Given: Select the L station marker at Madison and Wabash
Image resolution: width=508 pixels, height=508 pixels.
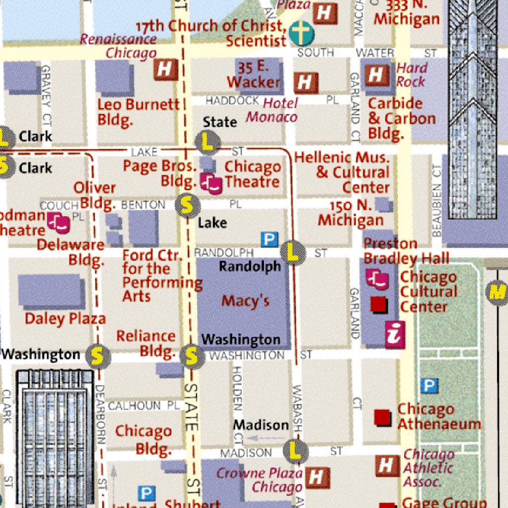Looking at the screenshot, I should pyautogui.click(x=296, y=451).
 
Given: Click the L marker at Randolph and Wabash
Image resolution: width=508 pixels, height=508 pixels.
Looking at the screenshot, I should pyautogui.click(x=293, y=253).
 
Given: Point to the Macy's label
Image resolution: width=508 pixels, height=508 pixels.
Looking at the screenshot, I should pyautogui.click(x=246, y=301).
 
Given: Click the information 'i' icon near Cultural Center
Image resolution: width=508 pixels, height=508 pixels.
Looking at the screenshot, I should pyautogui.click(x=395, y=334).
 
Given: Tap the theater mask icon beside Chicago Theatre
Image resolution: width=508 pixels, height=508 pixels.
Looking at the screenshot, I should pyautogui.click(x=212, y=184).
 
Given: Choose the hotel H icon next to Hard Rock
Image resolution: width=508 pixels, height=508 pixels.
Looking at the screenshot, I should pyautogui.click(x=377, y=75).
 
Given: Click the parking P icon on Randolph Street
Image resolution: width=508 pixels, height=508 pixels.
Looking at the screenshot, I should pyautogui.click(x=269, y=240).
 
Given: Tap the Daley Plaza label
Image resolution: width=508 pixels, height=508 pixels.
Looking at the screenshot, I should pyautogui.click(x=65, y=318).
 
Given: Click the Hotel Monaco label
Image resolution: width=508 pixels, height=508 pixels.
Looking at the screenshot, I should pyautogui.click(x=272, y=110).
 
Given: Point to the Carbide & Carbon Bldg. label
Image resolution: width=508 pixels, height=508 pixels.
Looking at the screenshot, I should pyautogui.click(x=401, y=119).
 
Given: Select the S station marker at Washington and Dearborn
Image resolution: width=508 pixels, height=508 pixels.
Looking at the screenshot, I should pyautogui.click(x=97, y=356).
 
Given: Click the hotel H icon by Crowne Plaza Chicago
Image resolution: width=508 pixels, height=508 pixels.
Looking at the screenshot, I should pyautogui.click(x=317, y=477).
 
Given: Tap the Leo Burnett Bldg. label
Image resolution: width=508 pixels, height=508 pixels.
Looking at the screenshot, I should pyautogui.click(x=138, y=112).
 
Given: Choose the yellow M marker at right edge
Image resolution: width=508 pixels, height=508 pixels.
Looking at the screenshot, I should pyautogui.click(x=497, y=292).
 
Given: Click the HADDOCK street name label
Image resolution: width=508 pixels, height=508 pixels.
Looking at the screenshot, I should pyautogui.click(x=232, y=101).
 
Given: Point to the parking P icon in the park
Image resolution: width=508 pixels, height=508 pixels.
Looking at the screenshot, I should pyautogui.click(x=430, y=385).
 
